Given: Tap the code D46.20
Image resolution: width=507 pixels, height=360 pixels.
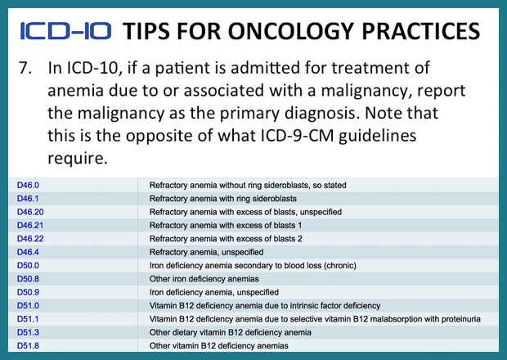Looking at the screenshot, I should (x=32, y=212).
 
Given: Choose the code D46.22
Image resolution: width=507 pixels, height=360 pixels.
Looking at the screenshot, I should (x=32, y=239).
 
